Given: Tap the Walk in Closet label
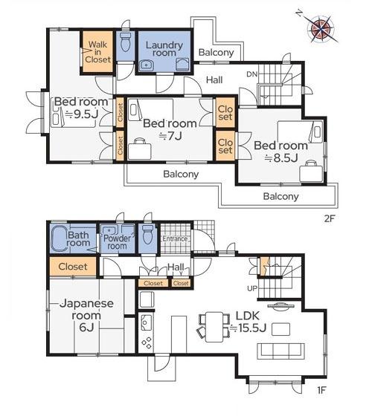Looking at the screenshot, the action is coord(97,52).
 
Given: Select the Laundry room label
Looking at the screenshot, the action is coord(164,48).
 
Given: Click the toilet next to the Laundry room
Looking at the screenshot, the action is coord(125,42).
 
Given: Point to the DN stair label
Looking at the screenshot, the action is coord(251,74).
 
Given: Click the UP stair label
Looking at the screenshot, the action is coord(252,288).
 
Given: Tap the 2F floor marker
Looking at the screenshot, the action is coord(330,219).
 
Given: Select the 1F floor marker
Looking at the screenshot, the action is coord(321,390).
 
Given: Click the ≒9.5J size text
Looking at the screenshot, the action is coord(82,114).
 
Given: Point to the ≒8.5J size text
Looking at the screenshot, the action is coord(281,158).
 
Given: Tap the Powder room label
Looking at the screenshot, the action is coord(117,242).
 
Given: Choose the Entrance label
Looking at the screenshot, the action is coord(175,238).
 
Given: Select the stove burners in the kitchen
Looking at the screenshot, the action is coord(147,342).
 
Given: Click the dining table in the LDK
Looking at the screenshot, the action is coord(214,327).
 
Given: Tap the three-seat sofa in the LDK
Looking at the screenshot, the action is coord(280,351).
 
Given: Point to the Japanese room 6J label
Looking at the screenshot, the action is coord(86,315).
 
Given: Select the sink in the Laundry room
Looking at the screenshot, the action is coord(147,65).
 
